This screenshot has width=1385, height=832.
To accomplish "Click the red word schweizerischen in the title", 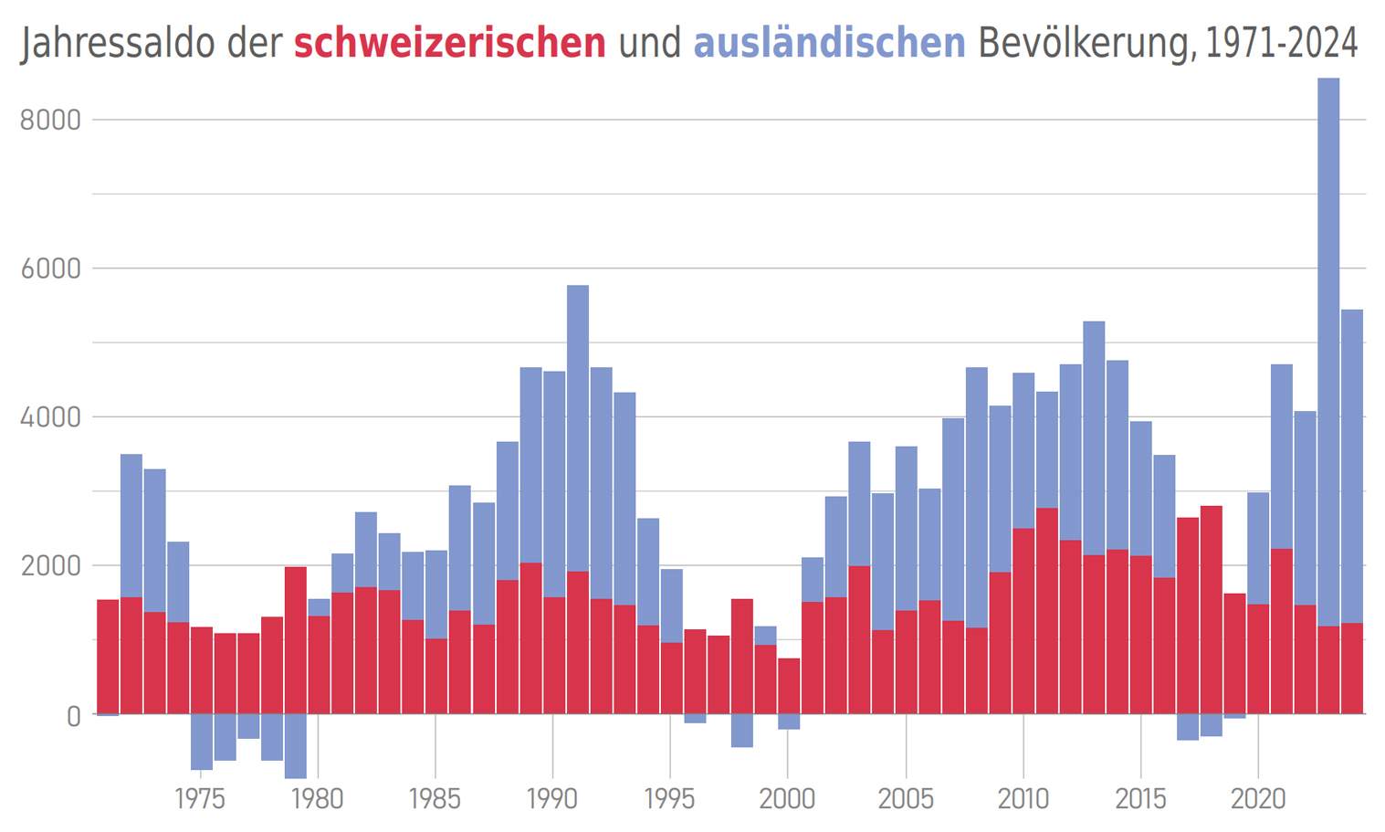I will [449, 43].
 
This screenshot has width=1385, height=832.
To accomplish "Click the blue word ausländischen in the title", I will [829, 43].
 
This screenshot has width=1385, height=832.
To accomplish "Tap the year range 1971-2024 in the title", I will [1282, 43].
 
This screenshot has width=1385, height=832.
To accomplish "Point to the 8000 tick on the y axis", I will [50, 120].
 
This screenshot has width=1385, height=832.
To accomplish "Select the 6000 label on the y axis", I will [50, 269].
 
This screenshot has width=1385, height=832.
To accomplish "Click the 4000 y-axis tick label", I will [50, 417].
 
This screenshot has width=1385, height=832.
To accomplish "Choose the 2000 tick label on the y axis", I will [50, 566].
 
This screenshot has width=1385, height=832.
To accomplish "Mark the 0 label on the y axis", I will [73, 716].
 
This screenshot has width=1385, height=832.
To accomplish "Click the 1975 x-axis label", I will [200, 799].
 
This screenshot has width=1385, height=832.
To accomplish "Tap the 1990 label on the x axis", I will [552, 799].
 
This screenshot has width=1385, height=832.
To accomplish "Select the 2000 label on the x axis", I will [788, 799].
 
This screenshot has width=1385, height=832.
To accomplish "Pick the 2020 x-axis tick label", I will [1258, 799].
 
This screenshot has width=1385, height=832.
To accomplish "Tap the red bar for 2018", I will [1212, 609].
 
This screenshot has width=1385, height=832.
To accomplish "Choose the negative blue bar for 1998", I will [742, 731].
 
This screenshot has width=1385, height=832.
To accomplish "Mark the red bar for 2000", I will [789, 686].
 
